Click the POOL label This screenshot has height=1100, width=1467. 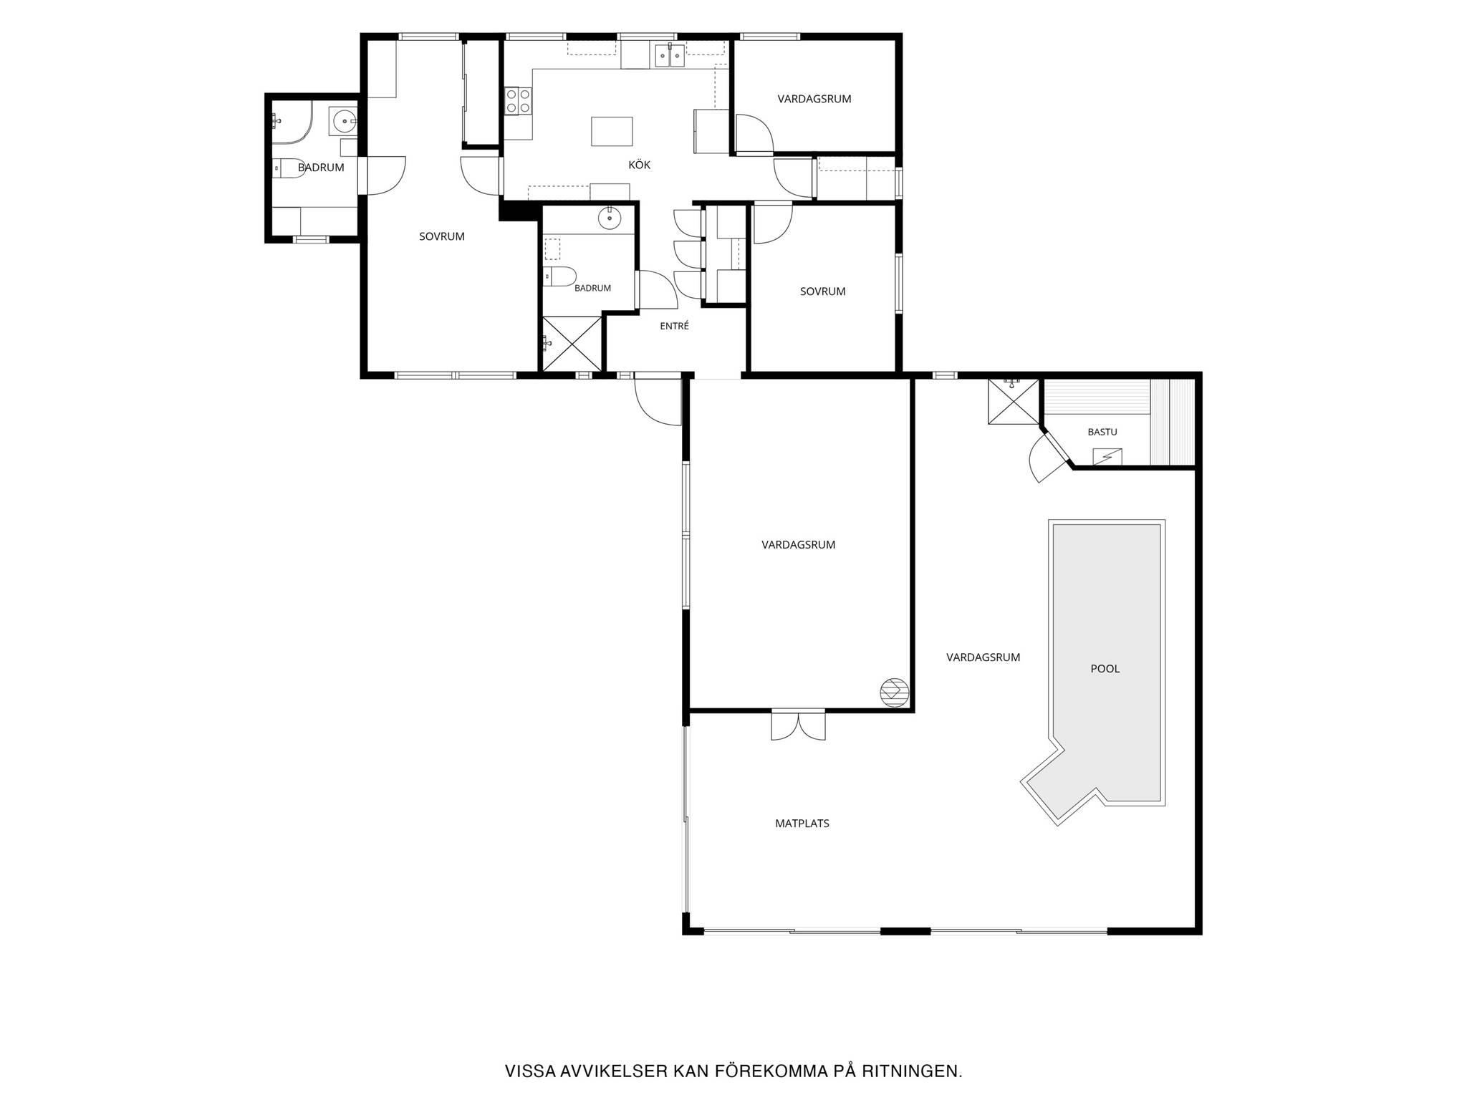(1105, 669)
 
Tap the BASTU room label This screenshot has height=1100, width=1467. (1102, 432)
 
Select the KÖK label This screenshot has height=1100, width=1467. (640, 165)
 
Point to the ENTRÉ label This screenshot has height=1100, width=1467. (674, 326)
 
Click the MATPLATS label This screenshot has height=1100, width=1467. (802, 824)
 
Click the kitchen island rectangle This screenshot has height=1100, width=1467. (612, 131)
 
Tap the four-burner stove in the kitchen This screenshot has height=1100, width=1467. (518, 101)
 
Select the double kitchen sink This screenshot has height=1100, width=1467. (669, 54)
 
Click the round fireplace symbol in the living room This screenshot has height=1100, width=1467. (893, 692)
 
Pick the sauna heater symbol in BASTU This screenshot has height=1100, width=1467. (1107, 456)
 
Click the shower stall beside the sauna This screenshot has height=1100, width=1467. (1013, 401)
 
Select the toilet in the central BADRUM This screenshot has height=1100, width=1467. (559, 276)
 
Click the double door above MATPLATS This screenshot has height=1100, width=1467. (798, 725)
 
